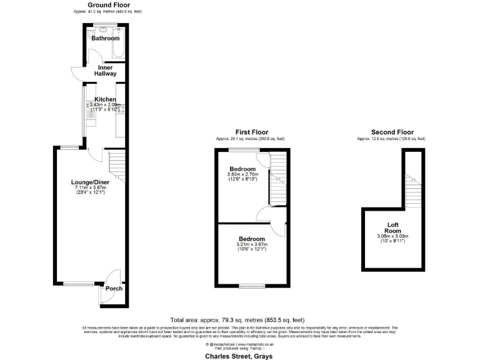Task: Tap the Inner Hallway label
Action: coord(105,70)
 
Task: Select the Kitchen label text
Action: coord(105,99)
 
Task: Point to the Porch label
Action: coord(113,288)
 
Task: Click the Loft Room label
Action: coord(392,227)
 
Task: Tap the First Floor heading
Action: coord(251,132)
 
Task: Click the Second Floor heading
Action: coord(392,132)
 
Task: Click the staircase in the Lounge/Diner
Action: coord(117,165)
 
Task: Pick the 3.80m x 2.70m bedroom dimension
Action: coord(242,175)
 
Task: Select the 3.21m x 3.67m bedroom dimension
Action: coord(251,244)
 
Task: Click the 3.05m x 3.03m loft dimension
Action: coord(392,236)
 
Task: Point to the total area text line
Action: coord(237,319)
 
